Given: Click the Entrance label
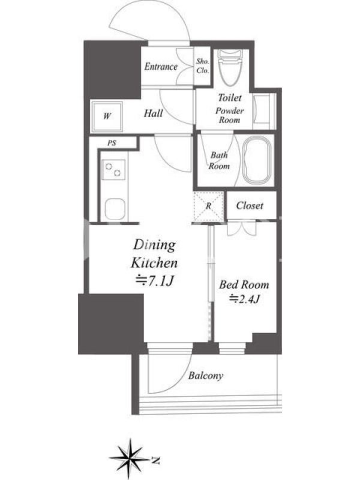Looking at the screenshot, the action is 161,67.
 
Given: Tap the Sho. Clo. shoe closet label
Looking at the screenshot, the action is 203,66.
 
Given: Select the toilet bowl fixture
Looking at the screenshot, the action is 230,68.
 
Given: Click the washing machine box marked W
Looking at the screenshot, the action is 107,116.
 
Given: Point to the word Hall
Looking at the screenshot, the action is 154,113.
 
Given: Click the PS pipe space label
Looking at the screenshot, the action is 112,143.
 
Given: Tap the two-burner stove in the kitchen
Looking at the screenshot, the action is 113,170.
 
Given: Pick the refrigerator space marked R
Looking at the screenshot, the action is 208,206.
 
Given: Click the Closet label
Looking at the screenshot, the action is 250,205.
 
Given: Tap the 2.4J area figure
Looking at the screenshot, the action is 244,298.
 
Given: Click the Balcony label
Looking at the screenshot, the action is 205,376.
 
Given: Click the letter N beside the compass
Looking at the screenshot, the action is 156,460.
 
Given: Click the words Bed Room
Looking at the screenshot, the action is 244,284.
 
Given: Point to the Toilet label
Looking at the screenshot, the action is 230,98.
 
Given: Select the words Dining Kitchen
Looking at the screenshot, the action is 155,254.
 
